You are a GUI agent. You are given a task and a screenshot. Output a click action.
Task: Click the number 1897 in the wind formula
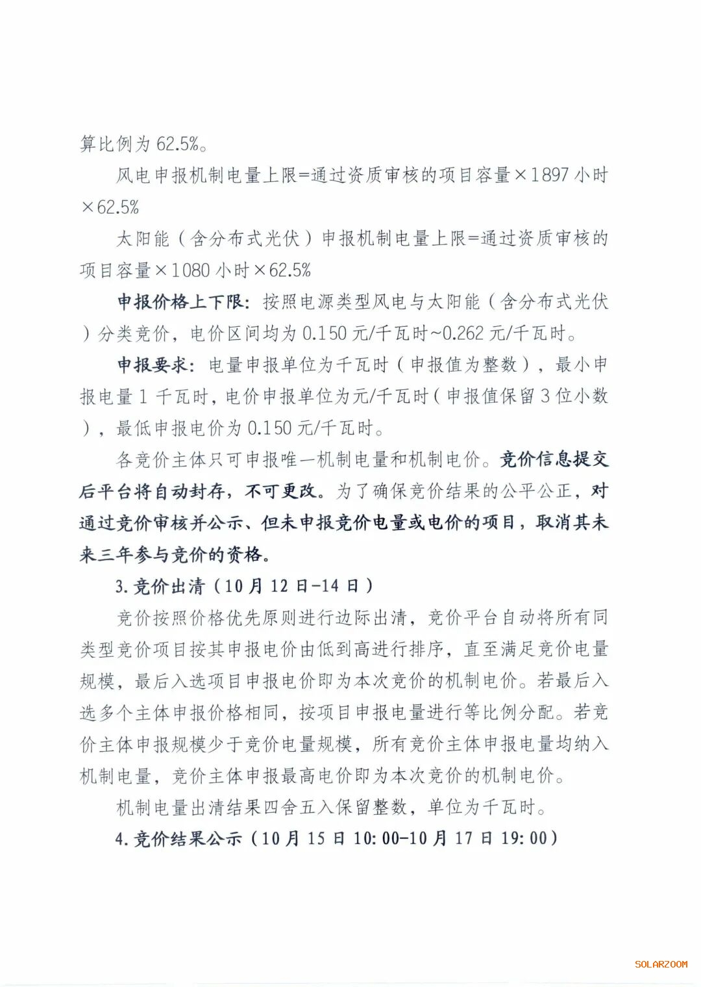click(550, 175)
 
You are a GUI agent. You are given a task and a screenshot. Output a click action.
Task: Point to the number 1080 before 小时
click(191, 270)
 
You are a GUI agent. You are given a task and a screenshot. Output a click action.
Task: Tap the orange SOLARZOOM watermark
click(661, 964)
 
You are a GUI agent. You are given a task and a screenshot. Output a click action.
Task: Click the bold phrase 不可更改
click(282, 491)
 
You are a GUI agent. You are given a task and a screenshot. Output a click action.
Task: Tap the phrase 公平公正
click(536, 491)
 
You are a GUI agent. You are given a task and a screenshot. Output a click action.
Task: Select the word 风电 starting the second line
click(134, 175)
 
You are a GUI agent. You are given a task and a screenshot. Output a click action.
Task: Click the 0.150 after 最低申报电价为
click(269, 428)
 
